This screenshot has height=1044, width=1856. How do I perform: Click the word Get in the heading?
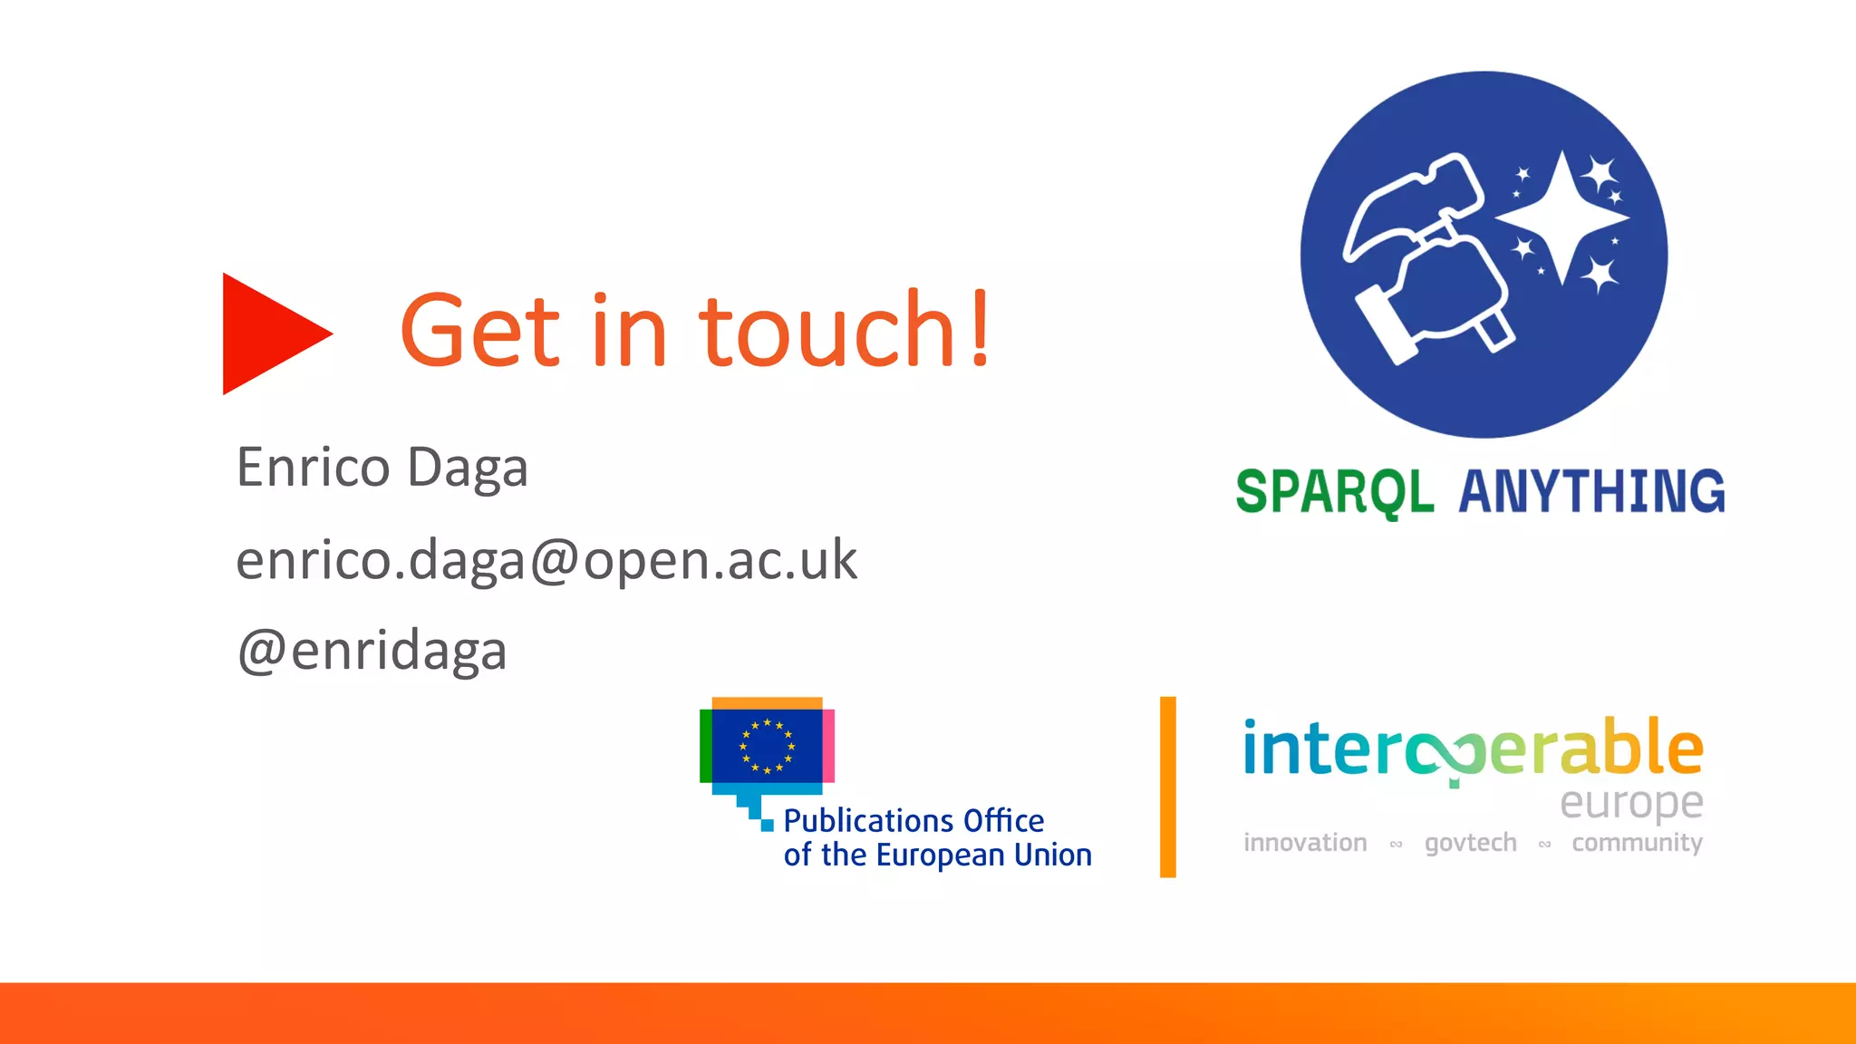pyautogui.click(x=480, y=331)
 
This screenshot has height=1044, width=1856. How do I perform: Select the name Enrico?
pyautogui.click(x=313, y=469)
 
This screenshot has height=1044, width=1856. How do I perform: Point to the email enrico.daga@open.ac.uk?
pyautogui.click(x=546, y=561)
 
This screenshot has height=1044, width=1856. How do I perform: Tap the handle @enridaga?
pyautogui.click(x=372, y=652)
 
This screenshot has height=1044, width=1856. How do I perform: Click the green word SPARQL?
pyautogui.click(x=1334, y=492)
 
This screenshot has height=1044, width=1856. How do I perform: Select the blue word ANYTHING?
pyautogui.click(x=1591, y=492)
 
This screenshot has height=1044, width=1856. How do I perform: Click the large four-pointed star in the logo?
pyautogui.click(x=1561, y=218)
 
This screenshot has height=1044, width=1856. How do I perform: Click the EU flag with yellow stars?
pyautogui.click(x=767, y=746)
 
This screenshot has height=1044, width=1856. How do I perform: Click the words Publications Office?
pyautogui.click(x=913, y=821)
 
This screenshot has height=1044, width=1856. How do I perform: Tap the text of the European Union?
pyautogui.click(x=937, y=855)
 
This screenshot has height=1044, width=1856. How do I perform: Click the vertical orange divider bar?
pyautogui.click(x=1167, y=787)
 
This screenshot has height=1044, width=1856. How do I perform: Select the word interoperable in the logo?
pyautogui.click(x=1473, y=749)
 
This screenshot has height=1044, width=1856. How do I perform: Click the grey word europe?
pyautogui.click(x=1631, y=803)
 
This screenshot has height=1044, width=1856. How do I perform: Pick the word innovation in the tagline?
pyautogui.click(x=1305, y=843)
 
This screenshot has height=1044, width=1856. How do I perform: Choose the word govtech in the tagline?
pyautogui.click(x=1470, y=843)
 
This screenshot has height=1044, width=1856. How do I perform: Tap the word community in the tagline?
pyautogui.click(x=1637, y=843)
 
